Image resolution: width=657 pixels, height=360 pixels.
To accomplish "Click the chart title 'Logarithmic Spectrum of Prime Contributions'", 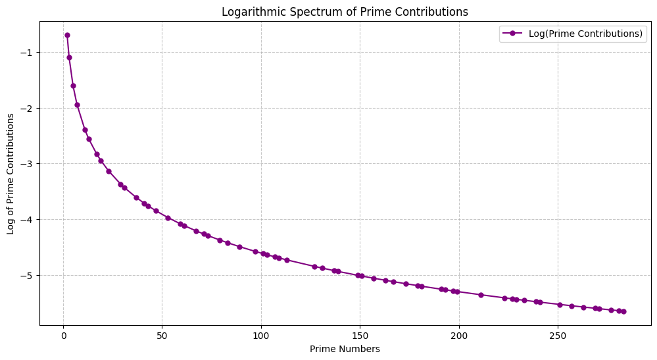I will (345, 11).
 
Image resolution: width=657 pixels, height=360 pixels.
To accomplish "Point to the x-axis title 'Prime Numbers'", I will (345, 349).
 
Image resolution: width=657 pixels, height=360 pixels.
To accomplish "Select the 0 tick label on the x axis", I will (63, 336).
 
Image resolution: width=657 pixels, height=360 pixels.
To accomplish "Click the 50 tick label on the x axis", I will (162, 336).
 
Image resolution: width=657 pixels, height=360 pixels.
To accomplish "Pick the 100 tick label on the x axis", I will (261, 336).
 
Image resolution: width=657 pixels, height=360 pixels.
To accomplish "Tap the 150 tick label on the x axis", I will (360, 336).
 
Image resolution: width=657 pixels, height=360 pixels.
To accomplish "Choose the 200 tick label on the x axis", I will (459, 336).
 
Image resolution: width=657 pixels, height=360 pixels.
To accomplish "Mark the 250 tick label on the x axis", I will (558, 336).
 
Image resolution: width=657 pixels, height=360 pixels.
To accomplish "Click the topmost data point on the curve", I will (67, 35).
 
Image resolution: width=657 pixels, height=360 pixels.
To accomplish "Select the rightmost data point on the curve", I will (623, 311).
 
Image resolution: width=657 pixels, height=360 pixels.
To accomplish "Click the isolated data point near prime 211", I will (481, 295).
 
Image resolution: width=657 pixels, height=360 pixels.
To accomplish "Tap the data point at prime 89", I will (239, 247).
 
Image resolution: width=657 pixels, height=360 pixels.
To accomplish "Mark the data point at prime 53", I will (168, 218).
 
